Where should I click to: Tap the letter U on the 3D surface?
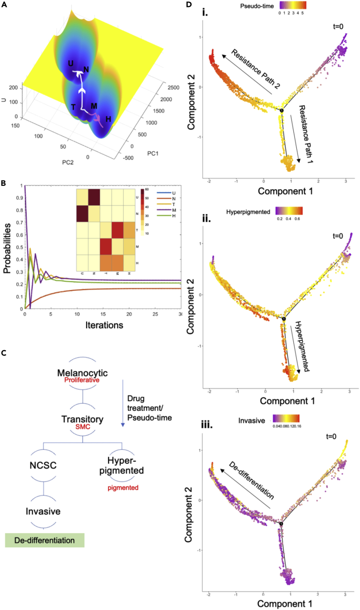[70, 64]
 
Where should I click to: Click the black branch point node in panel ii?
[283, 319]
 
